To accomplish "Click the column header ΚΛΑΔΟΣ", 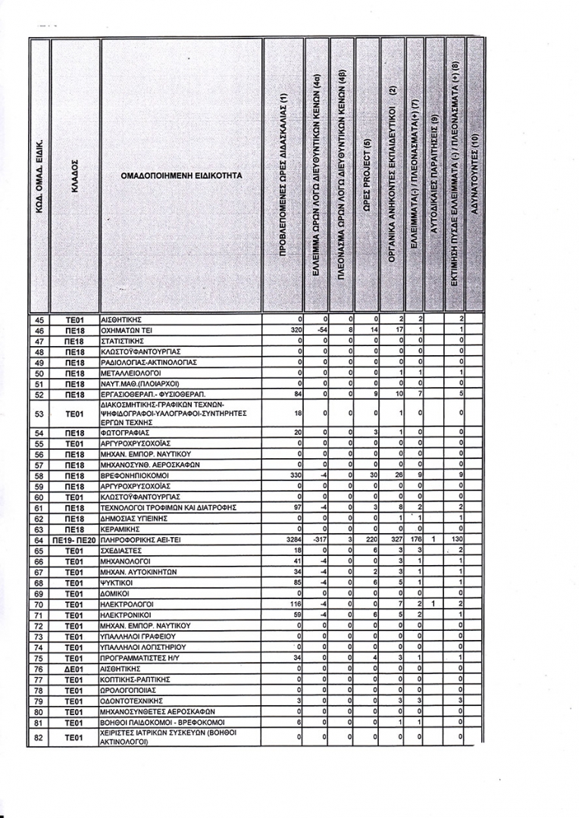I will coord(75,175).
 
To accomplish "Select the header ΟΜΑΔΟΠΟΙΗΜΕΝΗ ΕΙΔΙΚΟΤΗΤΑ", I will coord(181,175).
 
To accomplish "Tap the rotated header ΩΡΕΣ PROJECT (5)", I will coord(367,175).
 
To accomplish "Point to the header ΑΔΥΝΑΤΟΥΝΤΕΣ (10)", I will coord(475,175).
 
